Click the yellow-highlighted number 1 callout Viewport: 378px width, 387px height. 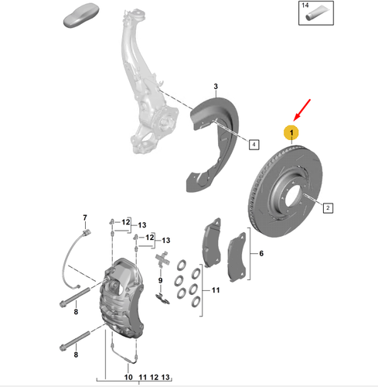(291, 132)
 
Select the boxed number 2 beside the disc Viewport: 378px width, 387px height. (328, 207)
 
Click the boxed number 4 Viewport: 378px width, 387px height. (254, 143)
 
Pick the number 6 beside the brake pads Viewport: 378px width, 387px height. (261, 254)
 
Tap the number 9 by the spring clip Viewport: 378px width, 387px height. (159, 281)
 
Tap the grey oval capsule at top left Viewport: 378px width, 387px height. (80, 18)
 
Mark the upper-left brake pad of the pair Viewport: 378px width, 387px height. (210, 237)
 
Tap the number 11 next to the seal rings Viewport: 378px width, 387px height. (216, 290)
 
